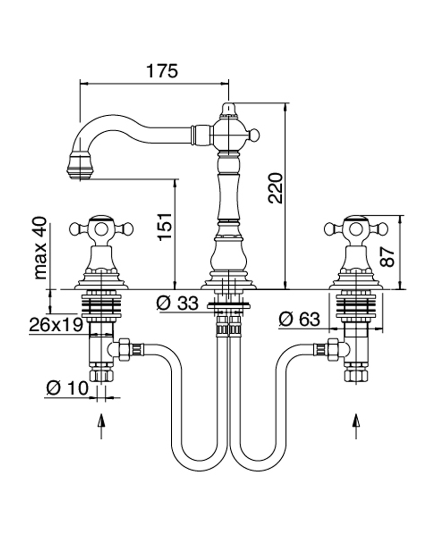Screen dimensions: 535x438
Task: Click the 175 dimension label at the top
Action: point(163,71)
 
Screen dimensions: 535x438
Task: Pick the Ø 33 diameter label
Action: point(178,303)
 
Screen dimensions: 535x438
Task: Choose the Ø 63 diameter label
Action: point(299,319)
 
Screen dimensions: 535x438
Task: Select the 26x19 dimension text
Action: point(55,324)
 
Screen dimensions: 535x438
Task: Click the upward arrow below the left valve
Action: point(101,426)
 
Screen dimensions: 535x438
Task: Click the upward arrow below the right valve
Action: point(356,426)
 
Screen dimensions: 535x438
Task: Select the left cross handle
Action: point(101,228)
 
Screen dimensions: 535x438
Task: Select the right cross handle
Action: point(356,228)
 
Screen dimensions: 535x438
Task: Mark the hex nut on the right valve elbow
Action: point(333,349)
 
